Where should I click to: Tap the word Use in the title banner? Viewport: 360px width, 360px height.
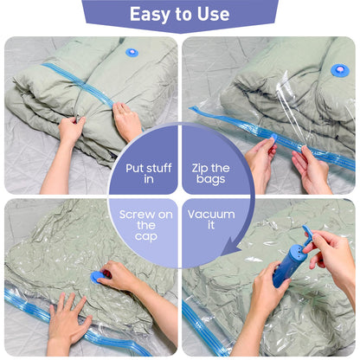coord(212,15)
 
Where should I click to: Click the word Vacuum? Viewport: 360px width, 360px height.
coord(211,214)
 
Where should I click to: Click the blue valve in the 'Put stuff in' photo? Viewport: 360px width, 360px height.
coord(132,52)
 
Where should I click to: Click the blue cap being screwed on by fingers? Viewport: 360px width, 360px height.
coord(99,276)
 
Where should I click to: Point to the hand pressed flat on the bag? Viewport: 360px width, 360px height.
coord(65,321)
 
